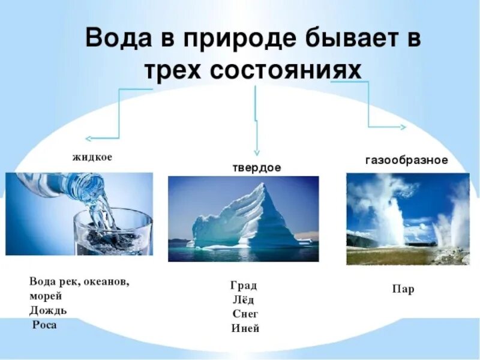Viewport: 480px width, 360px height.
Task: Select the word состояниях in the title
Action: [x=286, y=70]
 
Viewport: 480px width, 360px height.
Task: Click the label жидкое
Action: [x=92, y=157]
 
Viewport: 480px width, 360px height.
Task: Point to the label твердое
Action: [x=256, y=168]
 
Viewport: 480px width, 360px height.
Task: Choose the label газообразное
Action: [x=406, y=161]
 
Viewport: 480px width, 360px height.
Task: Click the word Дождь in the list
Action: [x=47, y=311]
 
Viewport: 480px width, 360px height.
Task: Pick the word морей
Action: [x=45, y=296]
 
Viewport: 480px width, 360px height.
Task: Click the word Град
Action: [x=244, y=286]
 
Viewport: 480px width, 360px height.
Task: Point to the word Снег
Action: [x=244, y=314]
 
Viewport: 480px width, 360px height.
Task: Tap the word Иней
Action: [x=245, y=329]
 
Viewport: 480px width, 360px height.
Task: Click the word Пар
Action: [x=403, y=290]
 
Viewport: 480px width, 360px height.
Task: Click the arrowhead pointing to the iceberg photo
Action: [x=257, y=152]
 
